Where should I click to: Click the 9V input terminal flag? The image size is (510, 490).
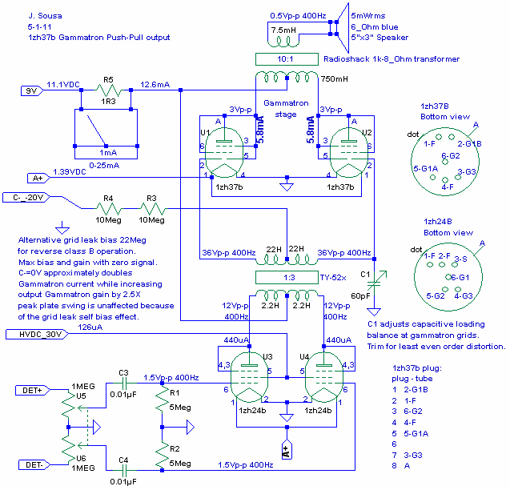[x=32, y=90]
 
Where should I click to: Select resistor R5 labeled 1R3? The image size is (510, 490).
[x=109, y=90]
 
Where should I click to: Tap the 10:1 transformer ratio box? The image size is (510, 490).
[x=287, y=59]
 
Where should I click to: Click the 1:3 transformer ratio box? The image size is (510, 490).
[x=287, y=278]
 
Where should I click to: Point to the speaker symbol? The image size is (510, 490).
[x=343, y=28]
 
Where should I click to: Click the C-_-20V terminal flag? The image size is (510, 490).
[x=26, y=198]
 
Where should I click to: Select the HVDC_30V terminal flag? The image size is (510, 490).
[x=37, y=335]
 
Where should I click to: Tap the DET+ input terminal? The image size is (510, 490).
[x=33, y=390]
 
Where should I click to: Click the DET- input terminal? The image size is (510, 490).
[x=34, y=465]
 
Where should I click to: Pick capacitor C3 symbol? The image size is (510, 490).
[x=124, y=384]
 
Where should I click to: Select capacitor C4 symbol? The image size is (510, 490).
[x=124, y=470]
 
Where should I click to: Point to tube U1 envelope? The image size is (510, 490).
[x=224, y=153]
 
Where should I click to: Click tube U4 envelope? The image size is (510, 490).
[x=324, y=377]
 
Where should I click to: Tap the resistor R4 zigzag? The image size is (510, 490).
[x=109, y=208]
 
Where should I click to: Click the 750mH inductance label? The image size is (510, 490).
[x=335, y=79]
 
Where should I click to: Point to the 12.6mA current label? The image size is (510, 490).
[x=155, y=85]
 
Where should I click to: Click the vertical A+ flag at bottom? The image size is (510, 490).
[x=287, y=449]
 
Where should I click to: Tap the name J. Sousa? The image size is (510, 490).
[x=45, y=16]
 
